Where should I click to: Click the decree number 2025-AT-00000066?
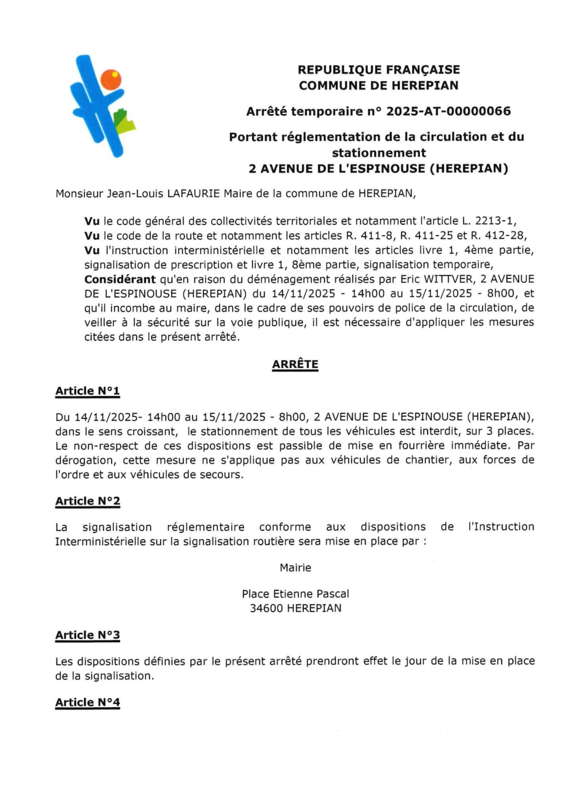[448, 111]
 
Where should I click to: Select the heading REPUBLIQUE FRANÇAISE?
[379, 70]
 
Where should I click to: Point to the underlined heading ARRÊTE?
[295, 364]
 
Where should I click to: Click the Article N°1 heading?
[87, 391]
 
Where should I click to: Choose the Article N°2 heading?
[87, 501]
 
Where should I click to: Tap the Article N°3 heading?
[87, 635]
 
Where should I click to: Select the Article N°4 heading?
[87, 703]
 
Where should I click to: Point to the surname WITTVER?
[449, 279]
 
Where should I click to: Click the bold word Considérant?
[120, 280]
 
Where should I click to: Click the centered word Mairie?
[295, 568]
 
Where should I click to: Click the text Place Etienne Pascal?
[295, 594]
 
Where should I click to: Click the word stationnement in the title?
[379, 153]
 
